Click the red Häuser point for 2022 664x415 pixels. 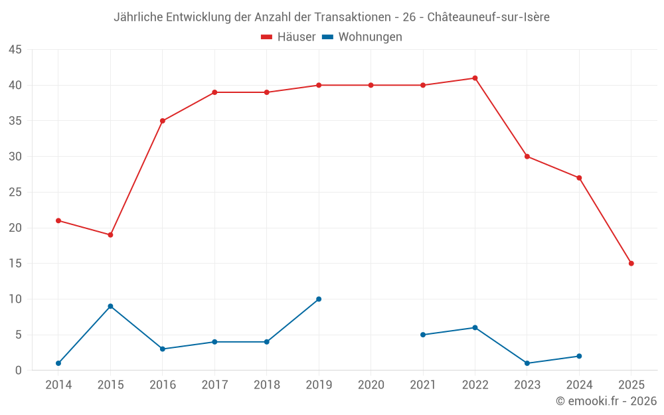point(475,78)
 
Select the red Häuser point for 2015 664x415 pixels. point(110,235)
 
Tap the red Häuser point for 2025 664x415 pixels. point(631,264)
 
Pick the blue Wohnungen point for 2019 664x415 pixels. point(319,299)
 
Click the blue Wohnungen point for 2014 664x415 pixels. point(58,363)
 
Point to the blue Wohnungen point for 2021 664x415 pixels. point(423,335)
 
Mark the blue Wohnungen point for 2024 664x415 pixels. point(579,356)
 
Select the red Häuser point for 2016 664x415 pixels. point(163,121)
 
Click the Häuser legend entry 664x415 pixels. point(288,37)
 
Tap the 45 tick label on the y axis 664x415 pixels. point(15,50)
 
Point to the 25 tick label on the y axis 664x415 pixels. point(15,193)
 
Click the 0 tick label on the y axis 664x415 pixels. point(19,371)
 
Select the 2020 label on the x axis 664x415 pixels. point(371,385)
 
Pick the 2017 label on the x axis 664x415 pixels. point(214,385)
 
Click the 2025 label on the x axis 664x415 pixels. point(631,385)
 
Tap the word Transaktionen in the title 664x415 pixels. point(346,17)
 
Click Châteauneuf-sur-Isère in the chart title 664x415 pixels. point(488,17)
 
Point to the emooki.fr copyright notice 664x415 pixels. point(606,401)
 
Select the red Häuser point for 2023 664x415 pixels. point(527,157)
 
